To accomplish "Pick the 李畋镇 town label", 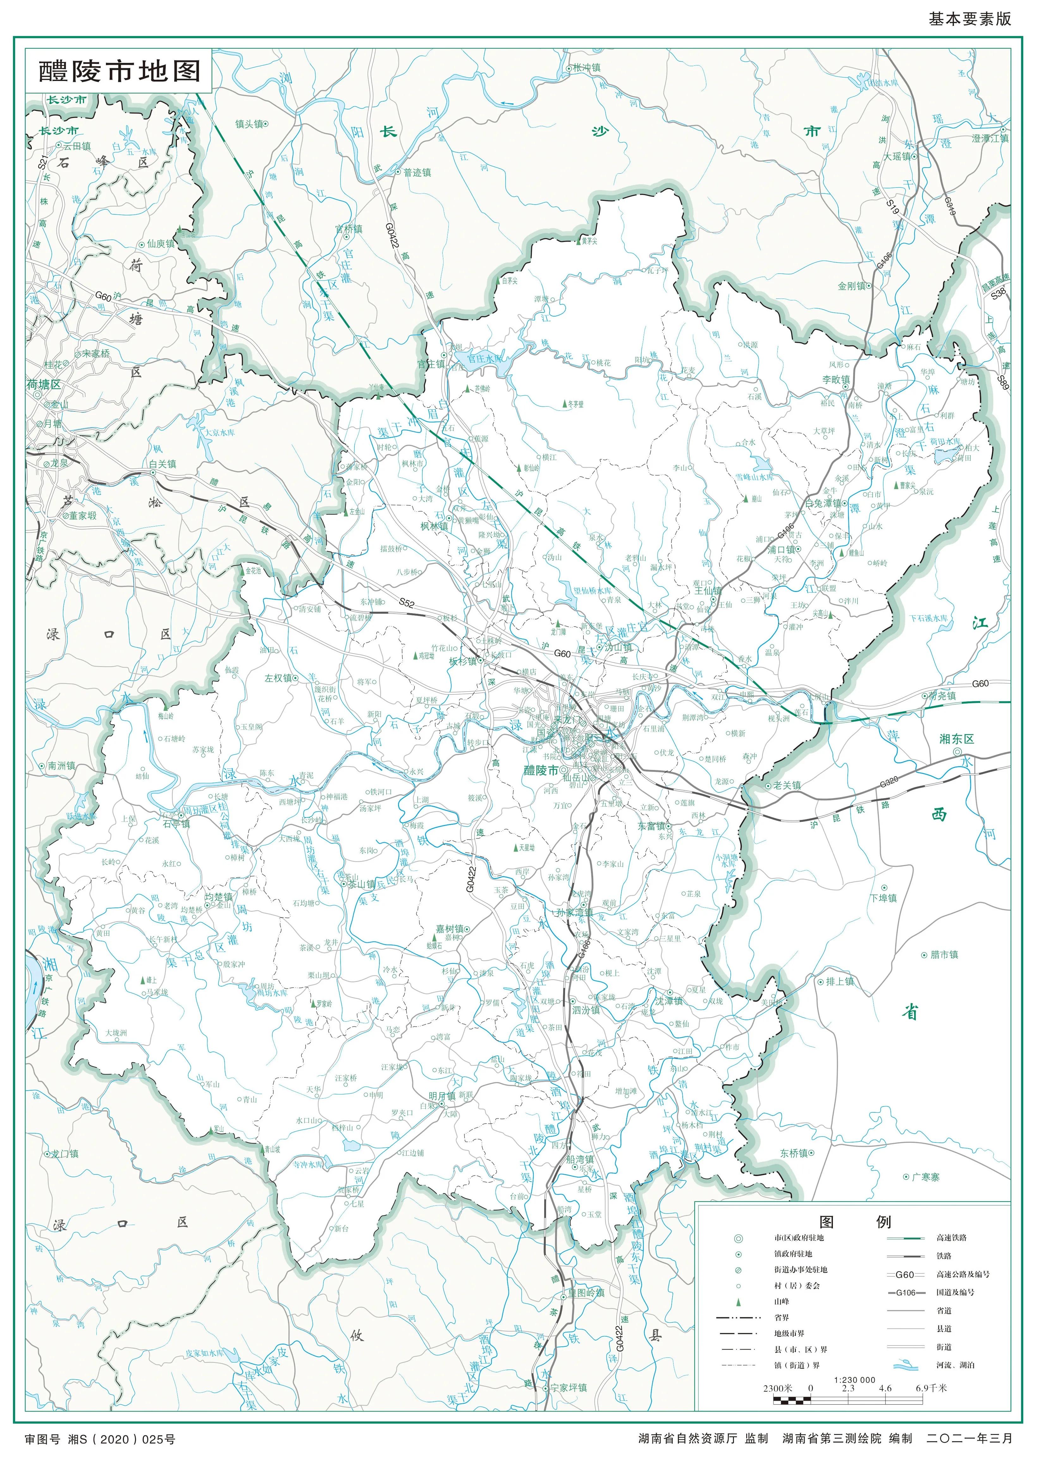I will pyautogui.click(x=836, y=380).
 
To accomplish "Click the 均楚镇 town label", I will pyautogui.click(x=218, y=897).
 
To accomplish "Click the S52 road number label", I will pyautogui.click(x=407, y=602).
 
